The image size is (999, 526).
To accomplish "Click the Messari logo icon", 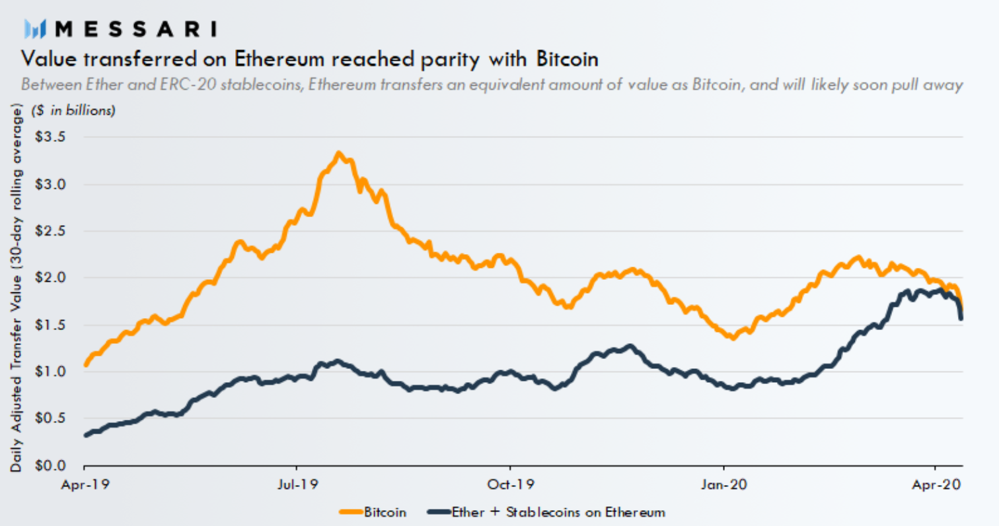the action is pos(35,29).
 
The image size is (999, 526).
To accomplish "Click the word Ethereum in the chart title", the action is pos(279,59).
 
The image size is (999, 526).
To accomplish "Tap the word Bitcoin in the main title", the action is pos(567,59).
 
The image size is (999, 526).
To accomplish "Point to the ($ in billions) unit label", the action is pos(73,110).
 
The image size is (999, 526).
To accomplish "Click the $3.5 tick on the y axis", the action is pos(50,137).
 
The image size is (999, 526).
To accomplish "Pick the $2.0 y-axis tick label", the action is pos(50,277).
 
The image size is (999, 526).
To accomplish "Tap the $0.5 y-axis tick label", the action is pos(50,418).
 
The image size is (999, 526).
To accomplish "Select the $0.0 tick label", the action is pos(50,465).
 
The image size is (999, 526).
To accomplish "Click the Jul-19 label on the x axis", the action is pos(297,484).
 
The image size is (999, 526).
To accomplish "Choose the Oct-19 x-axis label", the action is pos(510,484).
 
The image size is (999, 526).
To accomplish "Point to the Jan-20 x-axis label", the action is pos(723,484).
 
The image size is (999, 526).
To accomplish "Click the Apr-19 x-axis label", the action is pos(85,484).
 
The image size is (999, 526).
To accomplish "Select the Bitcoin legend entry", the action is pos(373,512).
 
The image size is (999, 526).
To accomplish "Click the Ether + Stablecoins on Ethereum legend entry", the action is pos(546,512).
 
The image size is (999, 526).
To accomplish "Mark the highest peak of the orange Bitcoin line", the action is pos(339,153).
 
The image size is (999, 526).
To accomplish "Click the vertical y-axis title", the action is pos(16,288).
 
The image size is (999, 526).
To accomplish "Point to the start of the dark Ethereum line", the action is pos(86,435).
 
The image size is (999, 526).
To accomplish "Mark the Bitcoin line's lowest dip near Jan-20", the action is pos(733,338).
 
